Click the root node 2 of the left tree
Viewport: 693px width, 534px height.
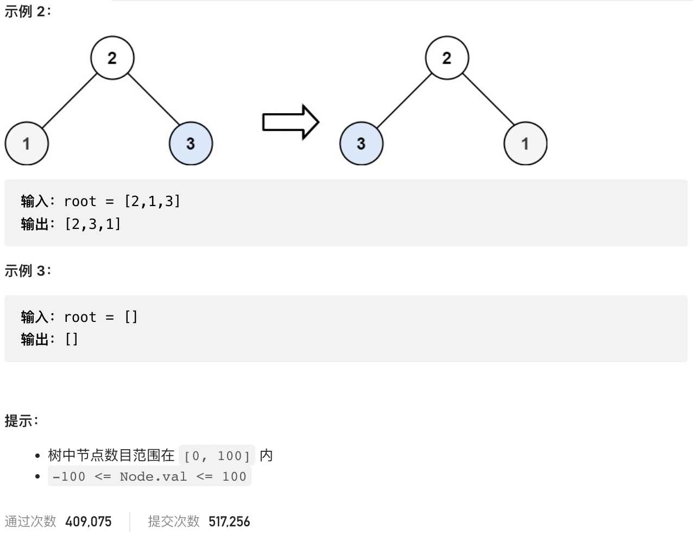[x=112, y=58]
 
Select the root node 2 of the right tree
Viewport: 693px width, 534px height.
[x=446, y=58]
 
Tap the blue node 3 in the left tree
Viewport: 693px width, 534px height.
[x=191, y=144]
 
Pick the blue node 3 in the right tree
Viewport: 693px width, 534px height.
[x=361, y=144]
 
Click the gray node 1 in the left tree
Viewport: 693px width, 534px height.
[x=27, y=144]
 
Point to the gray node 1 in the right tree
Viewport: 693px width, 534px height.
[x=525, y=144]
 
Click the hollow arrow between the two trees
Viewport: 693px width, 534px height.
[x=290, y=122]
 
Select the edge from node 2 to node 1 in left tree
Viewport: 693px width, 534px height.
[x=69, y=100]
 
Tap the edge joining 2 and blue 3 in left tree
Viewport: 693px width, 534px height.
[x=154, y=98]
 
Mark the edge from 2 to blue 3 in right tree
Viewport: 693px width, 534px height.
[x=404, y=100]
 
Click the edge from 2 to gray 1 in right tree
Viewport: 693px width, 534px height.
[x=488, y=98]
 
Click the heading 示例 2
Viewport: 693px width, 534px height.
[x=28, y=11]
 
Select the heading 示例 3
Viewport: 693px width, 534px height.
[x=28, y=270]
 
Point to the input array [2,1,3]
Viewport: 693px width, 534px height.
[x=152, y=201]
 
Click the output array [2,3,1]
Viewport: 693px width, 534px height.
[x=93, y=224]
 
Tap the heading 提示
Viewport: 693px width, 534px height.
[x=21, y=420]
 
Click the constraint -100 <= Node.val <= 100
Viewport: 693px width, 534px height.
[x=149, y=477]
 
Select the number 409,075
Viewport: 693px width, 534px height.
[x=88, y=521]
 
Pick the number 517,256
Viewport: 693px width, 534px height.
[x=229, y=521]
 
